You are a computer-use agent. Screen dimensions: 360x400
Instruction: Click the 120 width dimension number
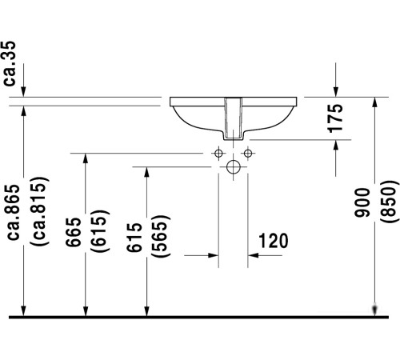coord(273,240)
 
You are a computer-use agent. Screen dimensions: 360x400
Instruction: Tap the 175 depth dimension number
coord(336,118)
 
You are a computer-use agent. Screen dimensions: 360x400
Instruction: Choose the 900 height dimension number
coord(362,204)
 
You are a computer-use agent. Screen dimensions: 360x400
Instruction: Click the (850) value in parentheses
coord(388,204)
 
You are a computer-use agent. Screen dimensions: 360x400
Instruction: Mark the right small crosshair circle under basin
coord(248,153)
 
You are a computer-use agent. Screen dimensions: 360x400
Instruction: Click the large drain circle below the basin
coord(233,167)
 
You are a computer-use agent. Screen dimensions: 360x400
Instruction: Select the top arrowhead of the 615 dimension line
coord(146,173)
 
